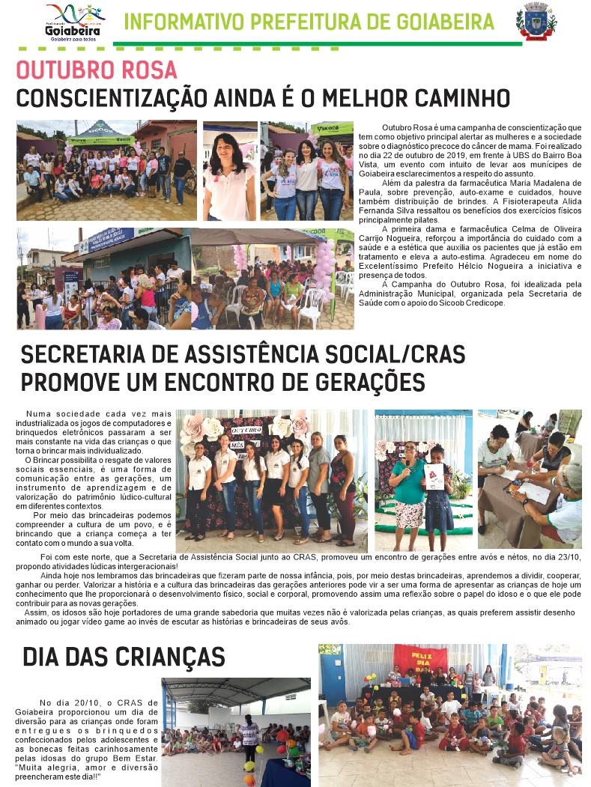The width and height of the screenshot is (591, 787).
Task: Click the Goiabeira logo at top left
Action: (x=75, y=22)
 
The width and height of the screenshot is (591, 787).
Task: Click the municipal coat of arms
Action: (x=536, y=21)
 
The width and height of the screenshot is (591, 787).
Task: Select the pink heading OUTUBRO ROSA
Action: (x=97, y=70)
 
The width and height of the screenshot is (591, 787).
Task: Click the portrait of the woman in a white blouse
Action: (x=229, y=171)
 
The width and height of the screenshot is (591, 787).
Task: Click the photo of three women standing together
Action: (x=306, y=171)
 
